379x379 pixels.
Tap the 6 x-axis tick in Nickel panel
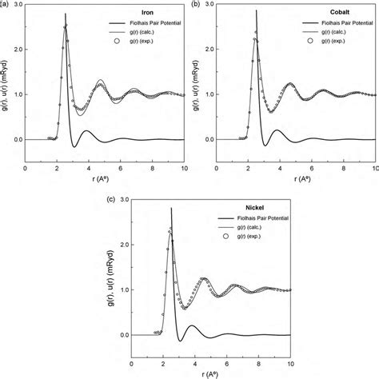click(x=229, y=364)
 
